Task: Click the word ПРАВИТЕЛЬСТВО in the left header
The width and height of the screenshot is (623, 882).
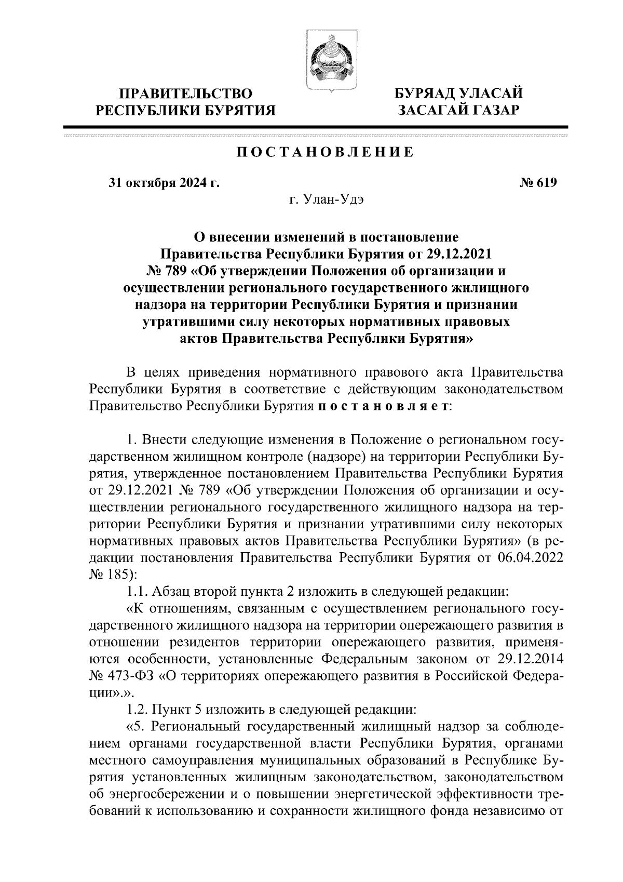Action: point(186,94)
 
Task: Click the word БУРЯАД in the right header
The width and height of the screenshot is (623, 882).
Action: point(426,94)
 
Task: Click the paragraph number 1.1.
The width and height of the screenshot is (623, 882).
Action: point(136,592)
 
